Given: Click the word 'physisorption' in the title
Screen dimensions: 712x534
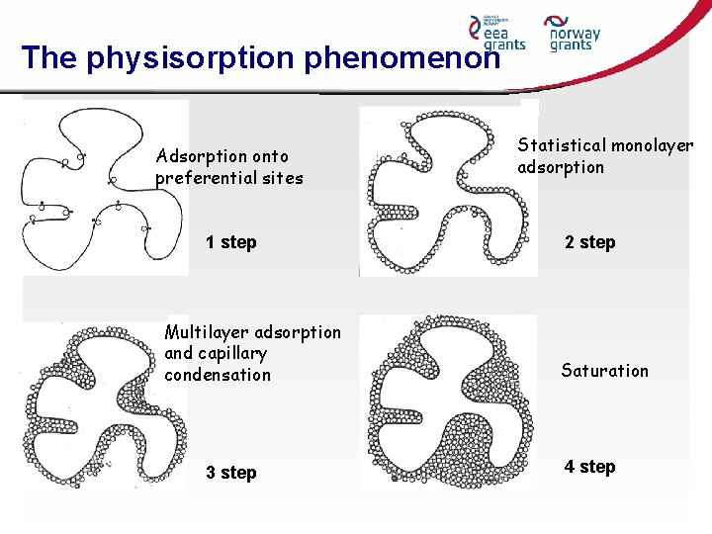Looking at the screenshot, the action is [x=191, y=58].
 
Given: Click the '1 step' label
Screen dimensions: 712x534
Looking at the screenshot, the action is [x=230, y=242].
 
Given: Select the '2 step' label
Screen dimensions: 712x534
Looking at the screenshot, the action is [x=589, y=242].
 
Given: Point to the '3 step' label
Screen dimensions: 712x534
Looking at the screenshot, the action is [x=230, y=473].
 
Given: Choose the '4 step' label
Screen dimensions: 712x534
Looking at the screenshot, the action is [x=589, y=467].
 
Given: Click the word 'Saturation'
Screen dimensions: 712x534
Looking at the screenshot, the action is [x=604, y=371].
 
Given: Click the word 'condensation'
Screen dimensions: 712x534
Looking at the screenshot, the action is [x=218, y=375].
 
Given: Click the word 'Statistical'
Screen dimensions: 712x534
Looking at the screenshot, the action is [x=563, y=145].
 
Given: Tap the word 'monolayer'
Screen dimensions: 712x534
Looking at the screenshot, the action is [x=653, y=145].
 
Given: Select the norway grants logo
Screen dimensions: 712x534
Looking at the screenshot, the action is [x=572, y=33].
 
